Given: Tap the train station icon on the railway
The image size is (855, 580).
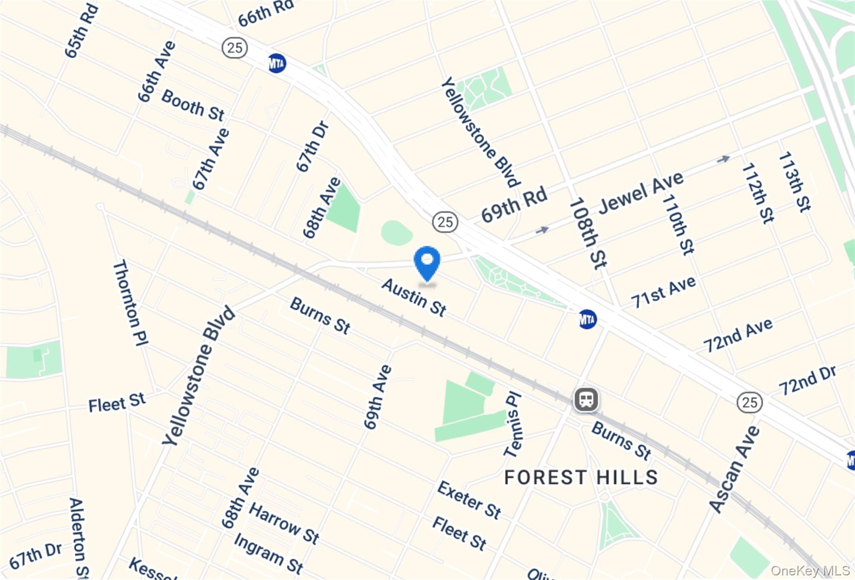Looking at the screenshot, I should [x=586, y=399].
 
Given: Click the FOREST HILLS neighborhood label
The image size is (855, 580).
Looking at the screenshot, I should [x=581, y=478].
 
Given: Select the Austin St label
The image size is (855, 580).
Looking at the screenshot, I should [x=414, y=298].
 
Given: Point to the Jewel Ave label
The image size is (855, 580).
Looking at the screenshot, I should [x=641, y=193].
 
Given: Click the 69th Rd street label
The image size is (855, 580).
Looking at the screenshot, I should [x=514, y=205].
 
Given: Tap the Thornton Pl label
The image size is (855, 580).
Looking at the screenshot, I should [x=130, y=303].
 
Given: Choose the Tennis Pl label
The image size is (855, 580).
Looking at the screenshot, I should [x=513, y=425].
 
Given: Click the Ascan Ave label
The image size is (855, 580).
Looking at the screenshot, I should [x=735, y=469].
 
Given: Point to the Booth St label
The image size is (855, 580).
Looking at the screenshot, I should [x=193, y=105].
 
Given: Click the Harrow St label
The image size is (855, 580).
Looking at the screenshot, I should [x=284, y=523].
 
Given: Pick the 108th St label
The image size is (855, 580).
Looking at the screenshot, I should [x=588, y=233].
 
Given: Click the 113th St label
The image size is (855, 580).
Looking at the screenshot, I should [x=794, y=181].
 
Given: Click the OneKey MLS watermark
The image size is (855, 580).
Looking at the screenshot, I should [x=810, y=570].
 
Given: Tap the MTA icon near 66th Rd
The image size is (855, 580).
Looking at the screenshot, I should [x=277, y=64].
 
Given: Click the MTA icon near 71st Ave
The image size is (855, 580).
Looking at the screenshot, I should [x=587, y=320].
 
